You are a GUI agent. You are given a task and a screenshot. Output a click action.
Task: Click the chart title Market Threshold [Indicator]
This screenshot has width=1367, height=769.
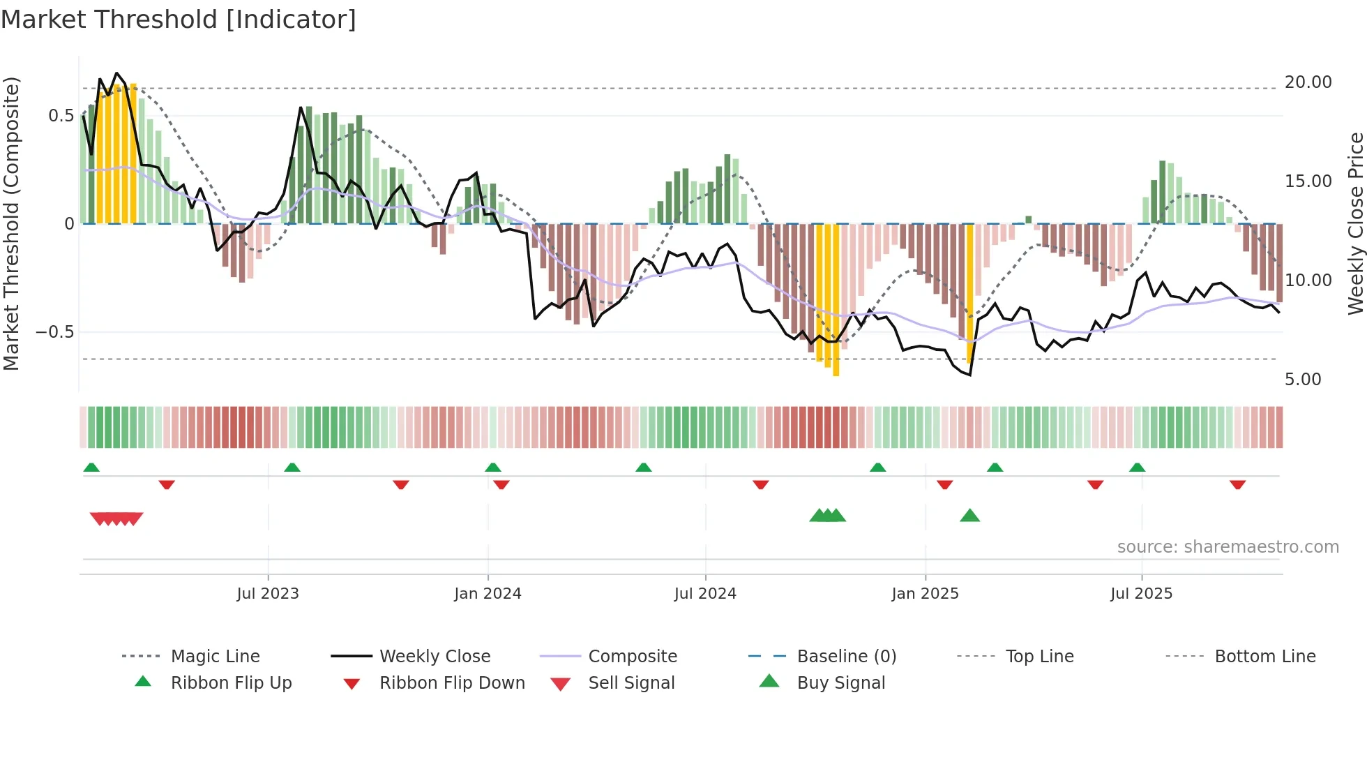[x=179, y=20]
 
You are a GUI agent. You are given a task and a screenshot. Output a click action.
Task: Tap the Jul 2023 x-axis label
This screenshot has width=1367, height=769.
[x=268, y=594]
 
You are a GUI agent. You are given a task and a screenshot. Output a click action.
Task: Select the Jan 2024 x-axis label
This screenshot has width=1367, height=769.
[x=488, y=594]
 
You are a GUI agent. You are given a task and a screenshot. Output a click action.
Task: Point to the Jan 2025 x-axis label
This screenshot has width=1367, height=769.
[x=925, y=594]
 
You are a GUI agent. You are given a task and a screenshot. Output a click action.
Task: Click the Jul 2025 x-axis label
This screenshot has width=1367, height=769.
[x=1141, y=594]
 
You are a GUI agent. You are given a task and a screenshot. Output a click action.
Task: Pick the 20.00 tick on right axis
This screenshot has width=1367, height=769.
[x=1308, y=82]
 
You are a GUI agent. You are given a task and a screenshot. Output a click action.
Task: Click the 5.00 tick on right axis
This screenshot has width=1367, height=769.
[x=1302, y=380]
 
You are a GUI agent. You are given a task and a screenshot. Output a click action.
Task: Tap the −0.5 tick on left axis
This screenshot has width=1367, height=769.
[x=55, y=332]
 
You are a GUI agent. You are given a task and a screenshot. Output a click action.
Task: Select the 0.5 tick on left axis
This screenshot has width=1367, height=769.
[x=61, y=116]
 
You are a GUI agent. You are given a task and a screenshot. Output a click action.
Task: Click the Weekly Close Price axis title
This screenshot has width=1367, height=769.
[x=1355, y=223]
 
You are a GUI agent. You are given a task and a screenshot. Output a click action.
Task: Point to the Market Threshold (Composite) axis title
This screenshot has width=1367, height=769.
[x=11, y=223]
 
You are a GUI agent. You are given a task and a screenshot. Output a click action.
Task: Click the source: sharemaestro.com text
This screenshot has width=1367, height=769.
[x=1228, y=547]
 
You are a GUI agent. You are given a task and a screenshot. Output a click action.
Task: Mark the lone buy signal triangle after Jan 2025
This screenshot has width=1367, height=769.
[x=969, y=516]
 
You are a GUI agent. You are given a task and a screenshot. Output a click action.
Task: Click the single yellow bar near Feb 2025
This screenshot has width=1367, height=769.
[x=969, y=293]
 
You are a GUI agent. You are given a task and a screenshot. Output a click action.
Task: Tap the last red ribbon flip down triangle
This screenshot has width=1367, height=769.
[x=1237, y=485]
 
